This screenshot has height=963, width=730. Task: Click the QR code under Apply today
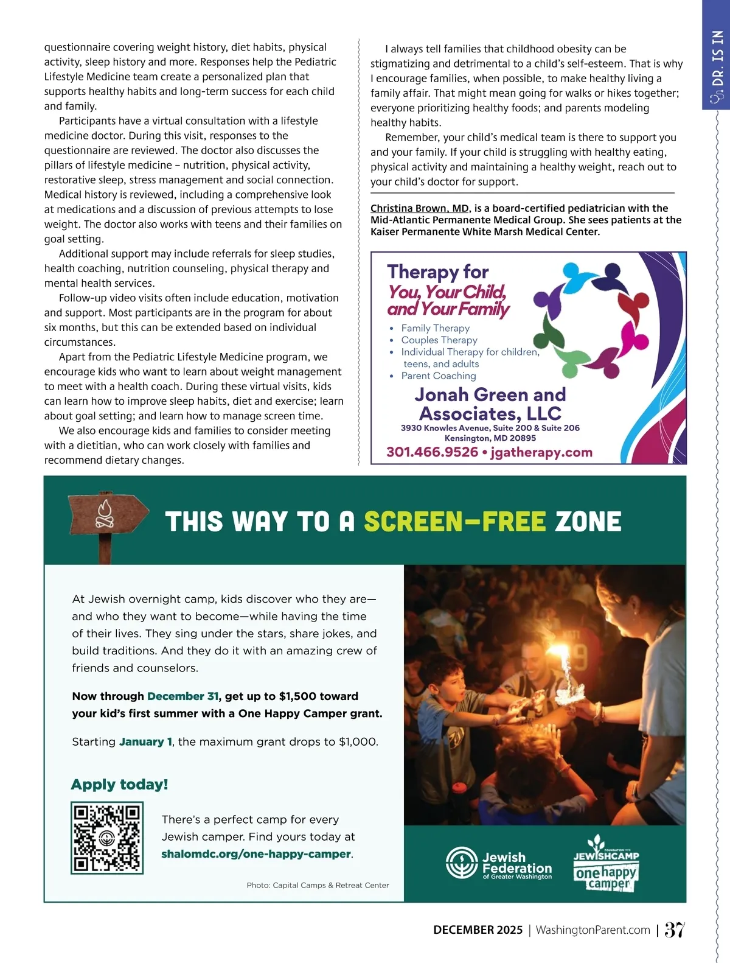(107, 838)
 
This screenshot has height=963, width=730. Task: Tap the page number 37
(675, 930)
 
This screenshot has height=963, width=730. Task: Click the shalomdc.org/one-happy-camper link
(256, 853)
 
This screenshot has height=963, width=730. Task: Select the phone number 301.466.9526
(432, 452)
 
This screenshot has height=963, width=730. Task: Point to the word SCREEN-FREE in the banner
(454, 522)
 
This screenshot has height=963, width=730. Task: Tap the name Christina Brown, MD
(420, 208)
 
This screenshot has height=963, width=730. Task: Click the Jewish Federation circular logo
(462, 863)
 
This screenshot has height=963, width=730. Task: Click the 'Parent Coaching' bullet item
(438, 376)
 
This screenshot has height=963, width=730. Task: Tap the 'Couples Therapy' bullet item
(439, 340)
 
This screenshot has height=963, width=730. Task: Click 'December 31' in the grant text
(182, 696)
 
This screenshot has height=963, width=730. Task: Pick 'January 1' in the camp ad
(145, 741)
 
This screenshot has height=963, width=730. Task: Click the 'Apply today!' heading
(119, 784)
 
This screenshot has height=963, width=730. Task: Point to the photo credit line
(318, 885)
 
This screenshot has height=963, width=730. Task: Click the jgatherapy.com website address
(541, 452)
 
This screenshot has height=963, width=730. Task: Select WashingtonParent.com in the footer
(593, 930)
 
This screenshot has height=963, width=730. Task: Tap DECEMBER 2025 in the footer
(478, 930)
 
